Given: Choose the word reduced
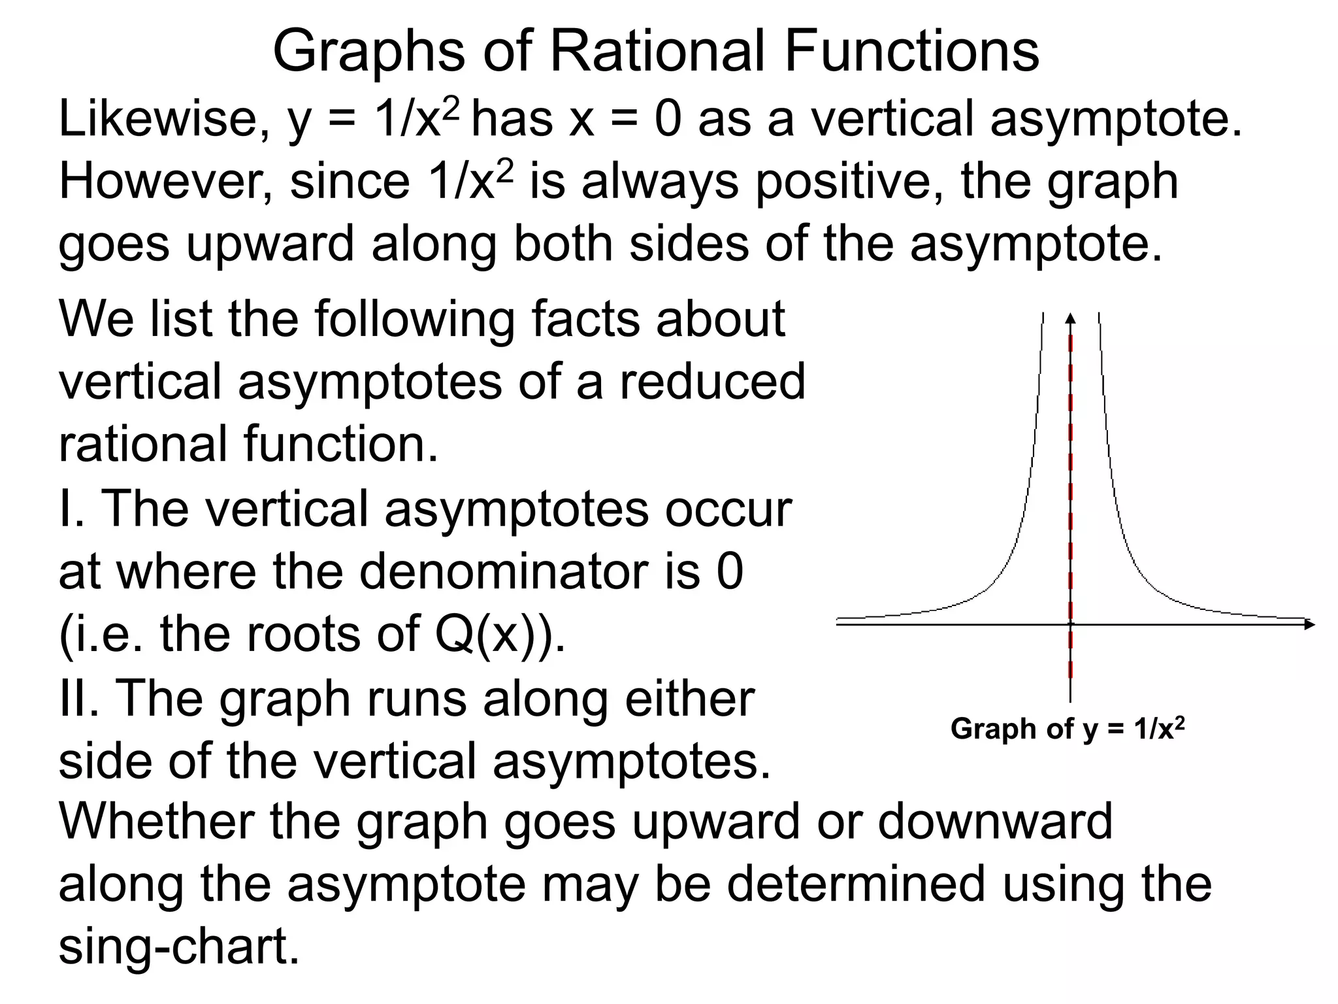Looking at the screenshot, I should [x=712, y=382].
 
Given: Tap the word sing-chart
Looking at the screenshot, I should [x=179, y=947].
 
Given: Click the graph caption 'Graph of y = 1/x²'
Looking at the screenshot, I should [x=1068, y=728].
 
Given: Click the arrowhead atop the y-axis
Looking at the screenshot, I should [x=1070, y=318].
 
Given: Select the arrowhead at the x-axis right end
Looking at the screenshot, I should [x=1309, y=624].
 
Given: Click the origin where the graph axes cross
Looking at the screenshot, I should [x=1070, y=624].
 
